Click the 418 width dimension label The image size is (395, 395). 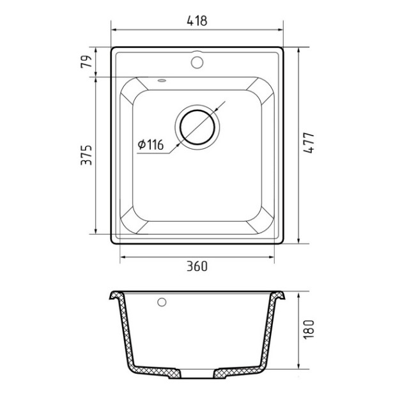click(x=197, y=20)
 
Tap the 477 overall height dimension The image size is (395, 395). click(x=309, y=143)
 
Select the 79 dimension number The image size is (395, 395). click(x=86, y=61)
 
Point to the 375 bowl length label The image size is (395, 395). click(x=86, y=155)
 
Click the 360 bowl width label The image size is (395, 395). click(x=197, y=267)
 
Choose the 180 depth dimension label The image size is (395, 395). click(x=309, y=330)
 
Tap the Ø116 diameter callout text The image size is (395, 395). click(x=151, y=144)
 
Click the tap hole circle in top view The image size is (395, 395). click(x=197, y=62)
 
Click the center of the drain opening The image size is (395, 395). click(x=197, y=127)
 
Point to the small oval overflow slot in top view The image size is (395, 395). click(x=162, y=81)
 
